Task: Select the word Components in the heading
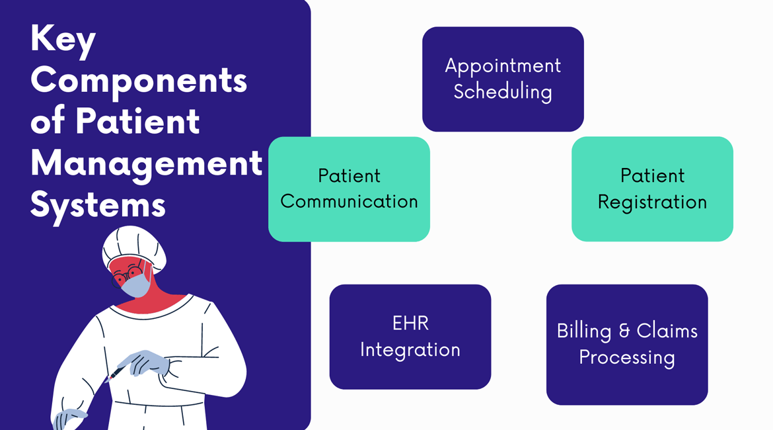139,80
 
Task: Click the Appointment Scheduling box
503,79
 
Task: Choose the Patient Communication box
349,189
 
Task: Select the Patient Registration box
652,189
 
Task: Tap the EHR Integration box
410,337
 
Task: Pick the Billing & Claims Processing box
627,345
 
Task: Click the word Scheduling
503,93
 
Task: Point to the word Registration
652,202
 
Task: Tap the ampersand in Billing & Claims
624,331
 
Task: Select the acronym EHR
410,323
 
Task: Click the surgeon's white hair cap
133,248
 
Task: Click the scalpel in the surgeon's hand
115,373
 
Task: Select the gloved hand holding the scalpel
143,363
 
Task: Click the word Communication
349,201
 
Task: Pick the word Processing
627,358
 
